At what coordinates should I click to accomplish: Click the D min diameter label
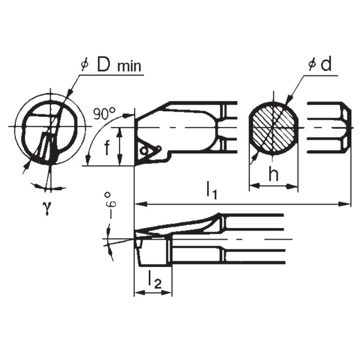coord(112,66)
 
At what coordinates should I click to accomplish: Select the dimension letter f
coord(107,148)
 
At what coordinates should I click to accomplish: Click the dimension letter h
coord(273,175)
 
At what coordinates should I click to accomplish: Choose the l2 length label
coord(153,280)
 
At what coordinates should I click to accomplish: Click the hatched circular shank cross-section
coord(273,128)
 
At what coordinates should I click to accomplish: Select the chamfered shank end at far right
coord(347,128)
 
